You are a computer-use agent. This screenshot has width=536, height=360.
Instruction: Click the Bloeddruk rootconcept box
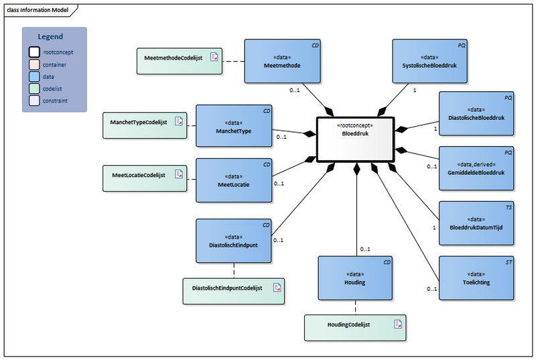tap(355, 139)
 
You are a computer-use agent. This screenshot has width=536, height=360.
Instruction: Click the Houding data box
tap(355, 278)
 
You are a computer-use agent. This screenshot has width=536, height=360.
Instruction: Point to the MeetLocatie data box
tap(234, 180)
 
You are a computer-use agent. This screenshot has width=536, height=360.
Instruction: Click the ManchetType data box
tap(234, 126)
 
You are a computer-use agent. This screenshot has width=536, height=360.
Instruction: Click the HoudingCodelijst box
tap(355, 326)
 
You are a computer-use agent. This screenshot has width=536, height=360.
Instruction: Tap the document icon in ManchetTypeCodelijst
tap(179, 121)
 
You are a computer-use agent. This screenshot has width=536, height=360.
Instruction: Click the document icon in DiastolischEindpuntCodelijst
tap(276, 287)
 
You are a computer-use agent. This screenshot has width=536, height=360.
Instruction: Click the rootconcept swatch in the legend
tap(33, 52)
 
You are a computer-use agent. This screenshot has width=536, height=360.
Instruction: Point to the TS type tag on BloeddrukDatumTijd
tap(509, 208)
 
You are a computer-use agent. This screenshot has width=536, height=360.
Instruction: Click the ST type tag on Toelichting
tap(509, 262)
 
